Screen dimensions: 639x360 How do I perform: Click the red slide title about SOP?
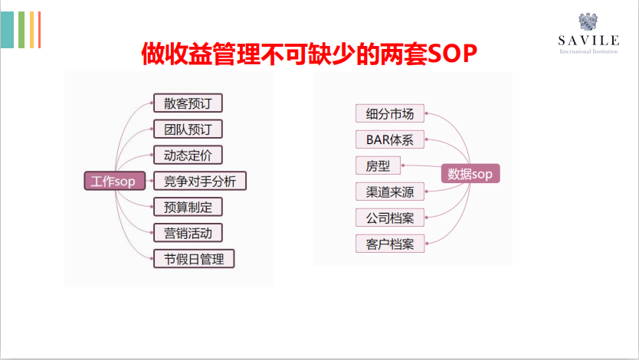click(310, 54)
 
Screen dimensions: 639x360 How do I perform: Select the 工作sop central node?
click(113, 182)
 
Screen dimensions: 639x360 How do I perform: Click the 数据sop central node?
click(470, 174)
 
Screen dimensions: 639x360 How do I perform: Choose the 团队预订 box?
click(188, 129)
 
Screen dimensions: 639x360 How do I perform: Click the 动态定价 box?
click(188, 155)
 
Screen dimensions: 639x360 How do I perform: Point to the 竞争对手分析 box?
click(199, 181)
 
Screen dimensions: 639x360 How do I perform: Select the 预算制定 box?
click(188, 207)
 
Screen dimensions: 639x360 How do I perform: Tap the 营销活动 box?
click(188, 233)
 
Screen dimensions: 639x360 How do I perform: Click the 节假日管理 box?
click(194, 259)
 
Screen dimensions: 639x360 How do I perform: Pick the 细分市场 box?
click(389, 114)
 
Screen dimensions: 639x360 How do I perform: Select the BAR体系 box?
click(389, 139)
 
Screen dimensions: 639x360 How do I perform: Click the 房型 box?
click(378, 165)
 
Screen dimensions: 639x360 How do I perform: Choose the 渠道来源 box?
click(389, 191)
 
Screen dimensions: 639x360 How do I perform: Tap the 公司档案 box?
click(389, 218)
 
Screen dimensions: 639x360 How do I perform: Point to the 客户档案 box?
click(389, 244)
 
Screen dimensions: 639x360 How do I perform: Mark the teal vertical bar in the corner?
click(7, 30)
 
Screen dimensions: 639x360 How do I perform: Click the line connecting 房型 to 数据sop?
click(421, 166)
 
